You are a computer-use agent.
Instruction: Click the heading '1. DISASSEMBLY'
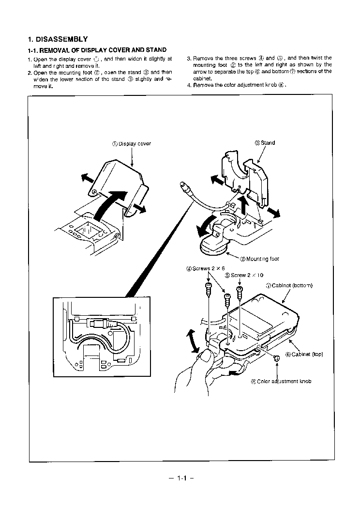tap(58, 39)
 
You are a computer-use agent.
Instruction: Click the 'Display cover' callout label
tap(132, 144)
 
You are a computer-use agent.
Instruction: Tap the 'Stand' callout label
tap(265, 143)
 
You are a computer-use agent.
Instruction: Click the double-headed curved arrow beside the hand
tap(193, 341)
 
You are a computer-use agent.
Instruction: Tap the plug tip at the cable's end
tap(183, 185)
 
